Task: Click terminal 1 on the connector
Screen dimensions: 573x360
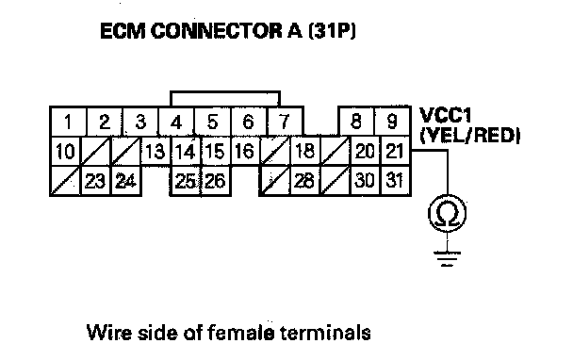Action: [x=68, y=122]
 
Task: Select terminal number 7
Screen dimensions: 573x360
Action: [x=285, y=122]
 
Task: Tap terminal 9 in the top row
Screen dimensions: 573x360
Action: [x=392, y=122]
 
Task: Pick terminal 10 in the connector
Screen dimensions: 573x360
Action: [x=65, y=152]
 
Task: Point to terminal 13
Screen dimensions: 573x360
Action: [x=156, y=152]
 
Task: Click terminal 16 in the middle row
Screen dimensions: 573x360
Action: [x=245, y=152]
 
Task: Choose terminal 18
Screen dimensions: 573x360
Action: [x=305, y=152]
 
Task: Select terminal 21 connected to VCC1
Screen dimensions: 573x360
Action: [x=396, y=152]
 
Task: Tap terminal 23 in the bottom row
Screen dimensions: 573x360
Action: [x=95, y=181]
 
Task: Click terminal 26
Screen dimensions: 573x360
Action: [x=216, y=181]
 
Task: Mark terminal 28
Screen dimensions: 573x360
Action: [x=305, y=181]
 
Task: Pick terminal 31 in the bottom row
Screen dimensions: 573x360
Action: [x=396, y=181]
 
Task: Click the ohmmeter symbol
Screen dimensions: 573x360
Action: [x=448, y=213]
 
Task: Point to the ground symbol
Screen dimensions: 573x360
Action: [x=447, y=259]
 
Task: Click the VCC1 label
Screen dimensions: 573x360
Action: [x=445, y=115]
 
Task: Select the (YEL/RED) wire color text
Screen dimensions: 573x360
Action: [x=469, y=135]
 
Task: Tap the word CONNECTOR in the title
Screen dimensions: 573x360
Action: [x=216, y=31]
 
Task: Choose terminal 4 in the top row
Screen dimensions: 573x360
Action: [x=176, y=122]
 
